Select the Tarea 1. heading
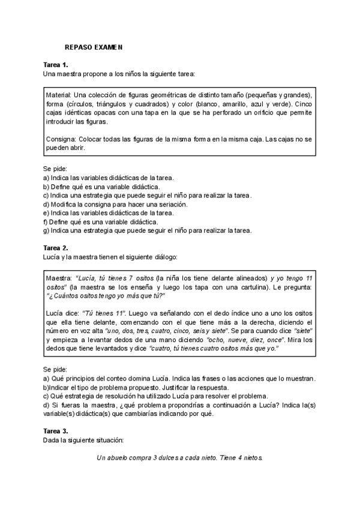coord(56,64)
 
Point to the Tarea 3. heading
coord(56,431)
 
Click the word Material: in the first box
coord(59,95)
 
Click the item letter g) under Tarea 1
coord(46,230)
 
